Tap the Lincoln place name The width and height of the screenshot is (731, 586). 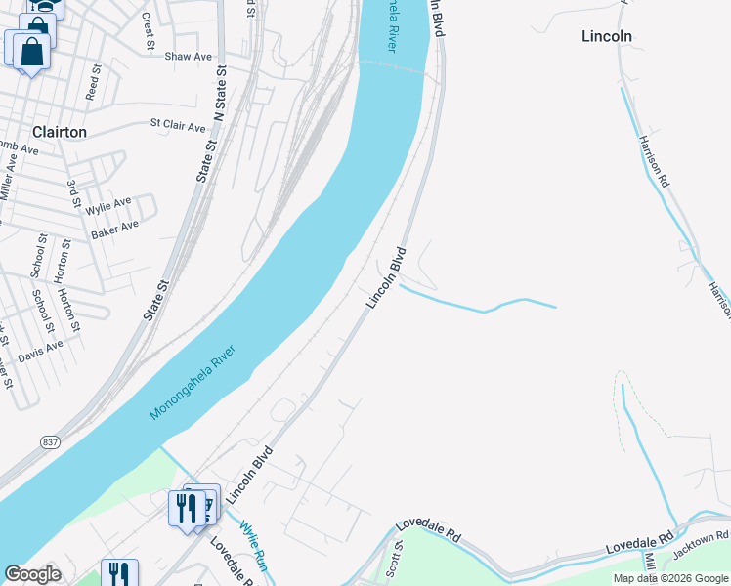[x=606, y=36]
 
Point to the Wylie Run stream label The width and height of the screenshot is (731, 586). [x=253, y=545]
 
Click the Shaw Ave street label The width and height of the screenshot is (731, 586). [x=188, y=57]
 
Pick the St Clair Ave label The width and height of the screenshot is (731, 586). [x=178, y=126]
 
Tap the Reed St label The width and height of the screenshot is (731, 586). [x=94, y=83]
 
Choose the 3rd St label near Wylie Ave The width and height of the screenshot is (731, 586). [x=71, y=192]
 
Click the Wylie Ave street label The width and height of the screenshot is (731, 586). [x=107, y=206]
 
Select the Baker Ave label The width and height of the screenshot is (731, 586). [x=114, y=230]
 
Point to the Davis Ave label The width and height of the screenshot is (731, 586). [x=40, y=350]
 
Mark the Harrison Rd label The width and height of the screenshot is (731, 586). [x=654, y=161]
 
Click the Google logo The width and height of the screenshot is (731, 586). [x=32, y=574]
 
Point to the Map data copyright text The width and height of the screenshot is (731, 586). [x=670, y=578]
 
